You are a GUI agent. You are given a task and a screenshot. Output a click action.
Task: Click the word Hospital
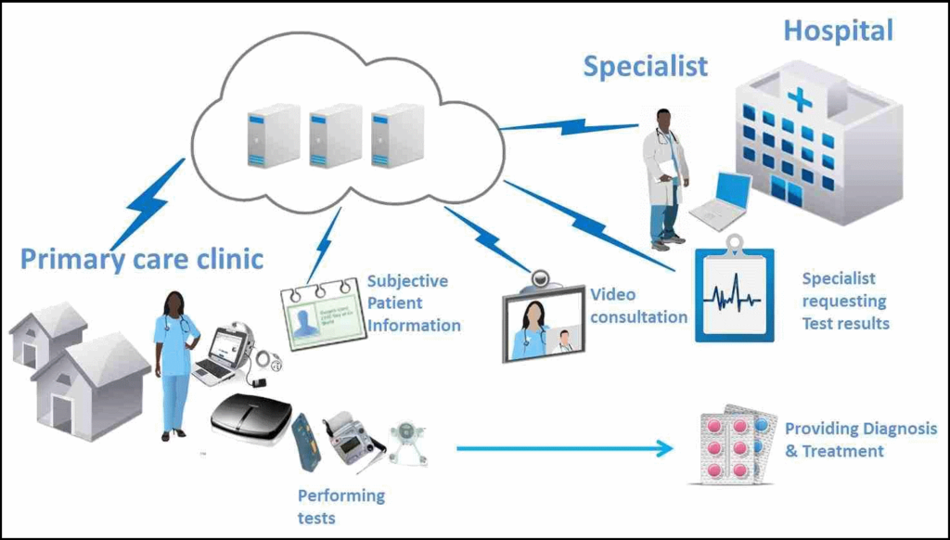(x=838, y=31)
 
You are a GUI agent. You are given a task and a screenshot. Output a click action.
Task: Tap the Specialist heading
(x=646, y=66)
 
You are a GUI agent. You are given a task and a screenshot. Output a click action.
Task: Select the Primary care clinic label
(x=142, y=259)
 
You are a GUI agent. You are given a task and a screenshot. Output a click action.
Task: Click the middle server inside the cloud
(x=335, y=135)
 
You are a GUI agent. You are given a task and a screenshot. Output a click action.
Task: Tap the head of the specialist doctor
(x=664, y=121)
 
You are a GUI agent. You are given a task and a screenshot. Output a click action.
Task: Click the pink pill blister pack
(x=732, y=446)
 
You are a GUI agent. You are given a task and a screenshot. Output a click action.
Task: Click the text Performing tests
(x=340, y=506)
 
